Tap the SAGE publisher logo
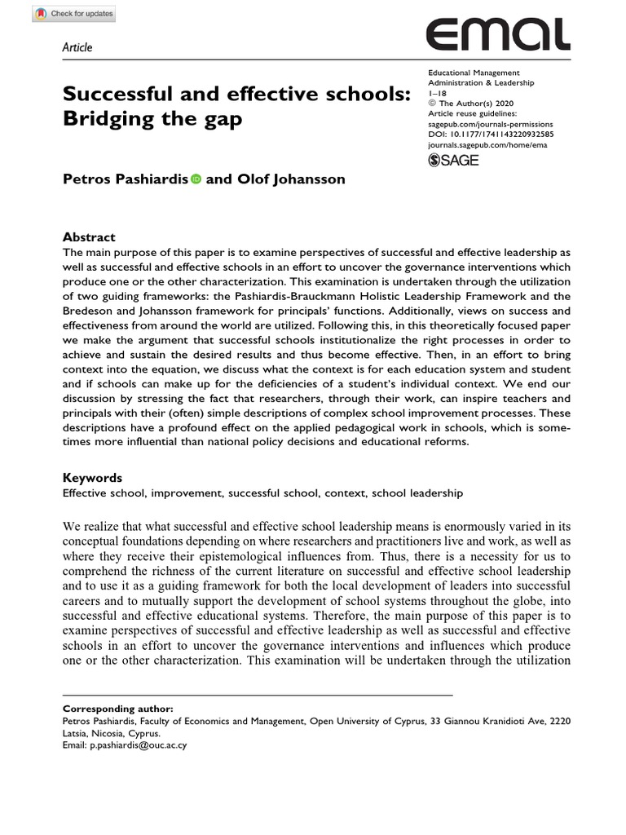[x=453, y=160]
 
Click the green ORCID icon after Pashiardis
[x=196, y=179]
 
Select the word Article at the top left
[x=77, y=47]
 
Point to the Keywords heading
[x=92, y=478]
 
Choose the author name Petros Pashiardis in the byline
[x=126, y=179]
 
